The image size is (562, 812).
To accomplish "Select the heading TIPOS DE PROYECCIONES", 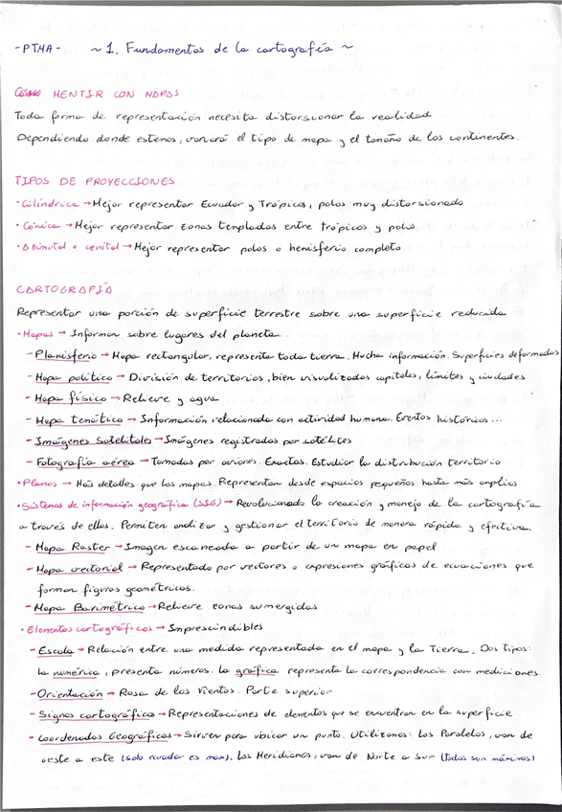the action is click(95, 181).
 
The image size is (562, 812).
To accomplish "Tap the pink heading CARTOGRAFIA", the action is click(64, 288).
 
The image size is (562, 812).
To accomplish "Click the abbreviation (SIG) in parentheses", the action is click(210, 504).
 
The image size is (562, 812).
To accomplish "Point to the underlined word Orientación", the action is click(67, 691).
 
